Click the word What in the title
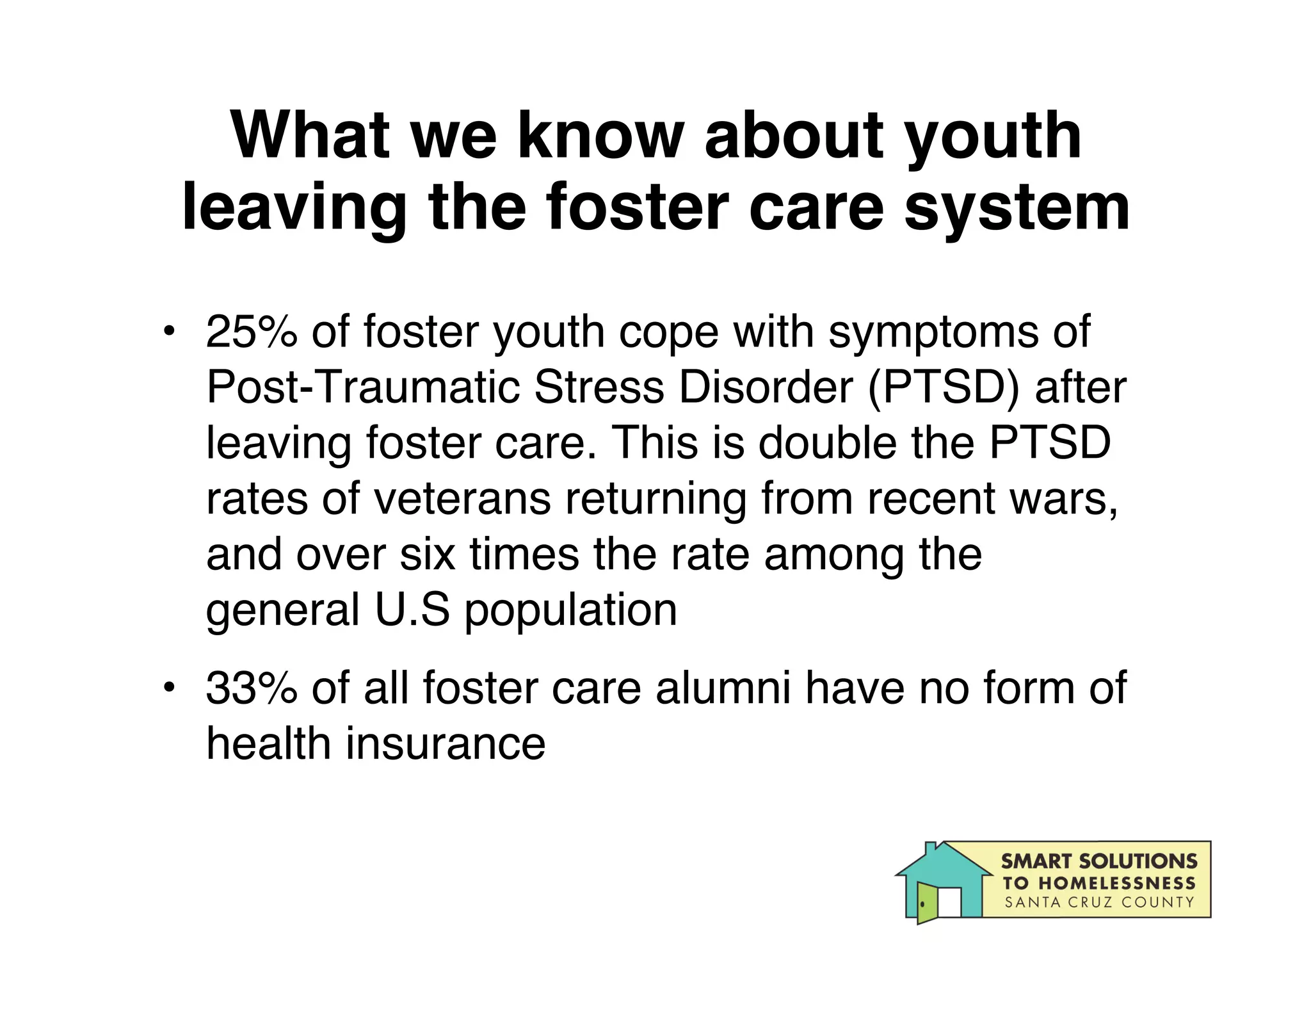tap(310, 136)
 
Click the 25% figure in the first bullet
tap(252, 332)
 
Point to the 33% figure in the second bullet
tap(252, 688)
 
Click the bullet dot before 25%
tap(168, 332)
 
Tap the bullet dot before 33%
tap(168, 688)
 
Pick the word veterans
tap(462, 498)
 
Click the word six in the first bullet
tap(428, 554)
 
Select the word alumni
tap(723, 688)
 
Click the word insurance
tap(446, 743)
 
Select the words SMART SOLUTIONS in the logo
tap(1098, 861)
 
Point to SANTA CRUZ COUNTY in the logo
tap(1098, 902)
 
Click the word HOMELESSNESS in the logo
tap(1116, 883)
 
